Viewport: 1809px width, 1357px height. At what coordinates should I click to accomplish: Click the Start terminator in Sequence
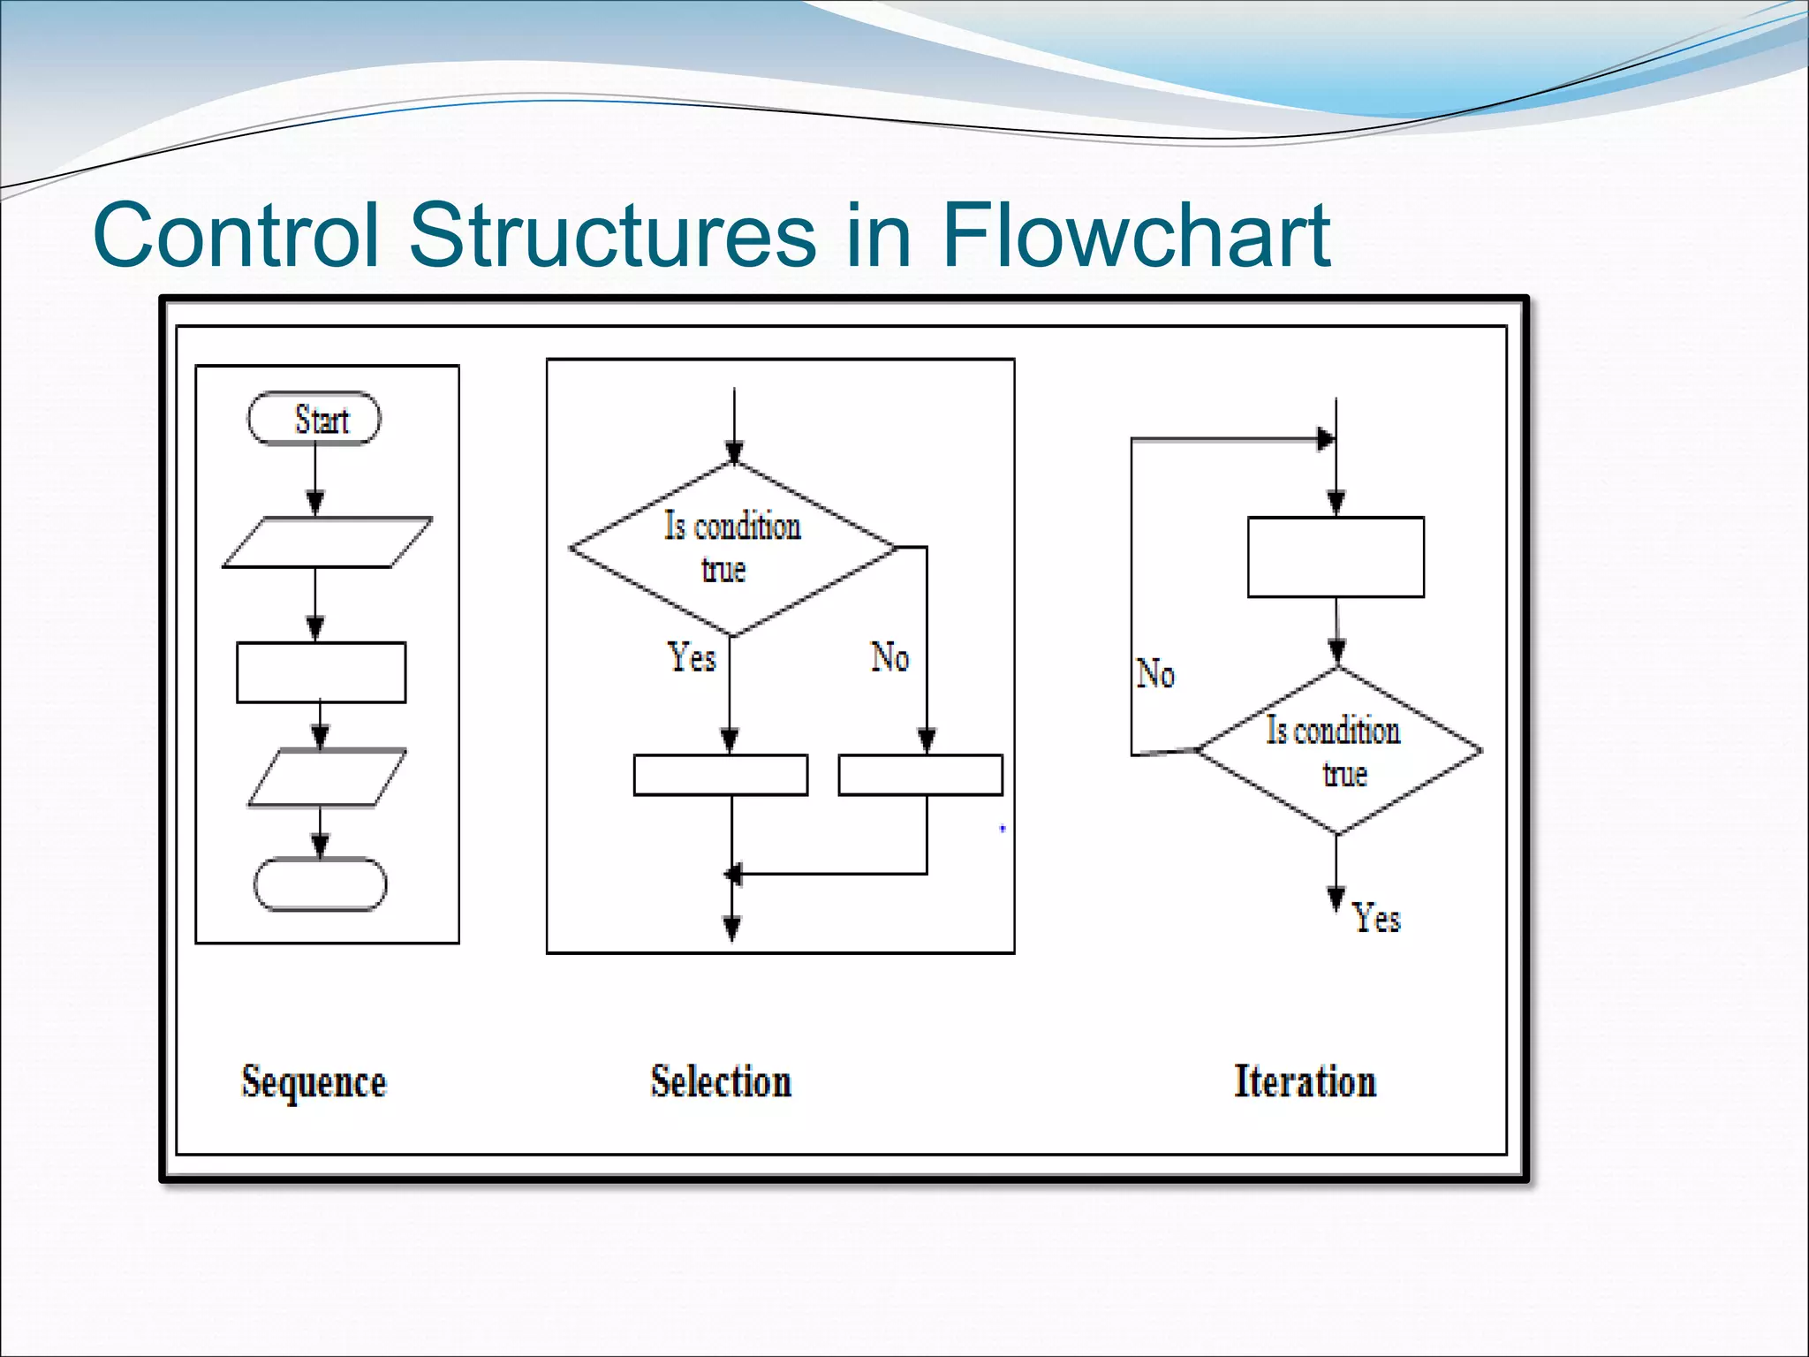tap(314, 419)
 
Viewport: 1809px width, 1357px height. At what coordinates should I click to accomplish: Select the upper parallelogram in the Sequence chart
tap(327, 542)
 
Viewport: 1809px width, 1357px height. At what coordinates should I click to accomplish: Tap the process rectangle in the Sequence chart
tap(321, 672)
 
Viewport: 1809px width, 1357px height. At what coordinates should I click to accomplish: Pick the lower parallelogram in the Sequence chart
tap(326, 777)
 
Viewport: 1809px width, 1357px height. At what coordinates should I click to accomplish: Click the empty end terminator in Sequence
tap(320, 883)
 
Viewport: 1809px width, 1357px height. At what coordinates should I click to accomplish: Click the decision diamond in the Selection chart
tap(732, 548)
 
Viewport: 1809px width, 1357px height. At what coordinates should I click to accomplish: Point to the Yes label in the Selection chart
tap(691, 657)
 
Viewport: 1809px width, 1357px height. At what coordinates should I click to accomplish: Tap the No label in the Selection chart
tap(889, 657)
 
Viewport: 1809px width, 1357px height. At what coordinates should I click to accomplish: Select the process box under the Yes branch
tap(720, 775)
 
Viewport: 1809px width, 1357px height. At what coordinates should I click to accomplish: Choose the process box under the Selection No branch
tap(920, 775)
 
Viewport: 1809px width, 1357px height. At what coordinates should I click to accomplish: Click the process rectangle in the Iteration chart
tap(1336, 557)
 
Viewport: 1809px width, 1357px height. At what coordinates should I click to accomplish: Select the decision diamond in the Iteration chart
tap(1338, 751)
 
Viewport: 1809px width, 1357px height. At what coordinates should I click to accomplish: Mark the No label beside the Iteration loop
tap(1154, 674)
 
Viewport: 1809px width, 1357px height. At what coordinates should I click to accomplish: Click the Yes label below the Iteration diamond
tap(1376, 918)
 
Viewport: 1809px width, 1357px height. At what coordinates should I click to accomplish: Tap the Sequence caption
tap(314, 1082)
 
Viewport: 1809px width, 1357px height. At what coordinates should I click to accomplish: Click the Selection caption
tap(721, 1081)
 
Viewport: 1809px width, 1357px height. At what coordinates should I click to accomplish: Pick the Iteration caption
tap(1305, 1081)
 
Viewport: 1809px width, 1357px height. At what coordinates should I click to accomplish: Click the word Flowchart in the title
tap(1135, 235)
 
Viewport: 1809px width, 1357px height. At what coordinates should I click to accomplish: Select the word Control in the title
tap(236, 235)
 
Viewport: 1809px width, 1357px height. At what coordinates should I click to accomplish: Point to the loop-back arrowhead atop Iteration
tap(1325, 439)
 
